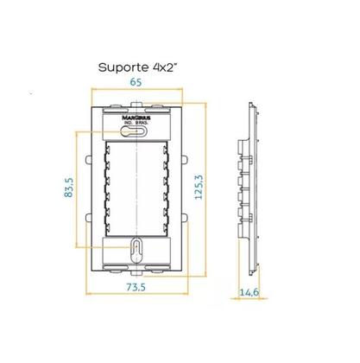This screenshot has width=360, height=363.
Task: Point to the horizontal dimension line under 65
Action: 137,92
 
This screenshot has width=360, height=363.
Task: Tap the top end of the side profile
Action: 249,109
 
